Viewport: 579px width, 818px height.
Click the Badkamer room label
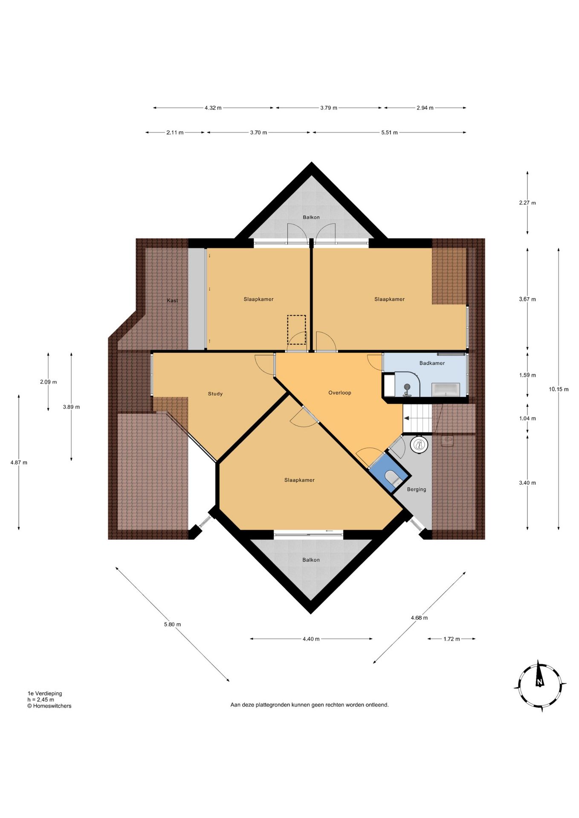432,363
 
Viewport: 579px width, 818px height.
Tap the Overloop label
340,393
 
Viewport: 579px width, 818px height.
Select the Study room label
215,394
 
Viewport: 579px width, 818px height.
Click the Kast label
172,300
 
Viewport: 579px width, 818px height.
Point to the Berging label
417,489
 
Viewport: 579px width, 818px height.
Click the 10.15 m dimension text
559,389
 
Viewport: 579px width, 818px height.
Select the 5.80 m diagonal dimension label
172,624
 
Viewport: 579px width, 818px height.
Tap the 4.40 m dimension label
311,639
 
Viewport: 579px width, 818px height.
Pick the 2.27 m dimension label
527,203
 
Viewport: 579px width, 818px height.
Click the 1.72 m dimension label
452,639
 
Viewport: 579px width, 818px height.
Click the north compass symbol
540,686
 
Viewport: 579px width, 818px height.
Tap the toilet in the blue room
392,478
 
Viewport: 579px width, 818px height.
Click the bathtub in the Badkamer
446,389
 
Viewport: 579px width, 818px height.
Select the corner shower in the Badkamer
407,384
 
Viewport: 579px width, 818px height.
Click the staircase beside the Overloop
417,418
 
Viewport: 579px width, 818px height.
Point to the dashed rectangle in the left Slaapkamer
296,329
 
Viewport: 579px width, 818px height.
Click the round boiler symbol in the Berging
419,445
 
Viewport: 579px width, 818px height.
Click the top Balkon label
311,217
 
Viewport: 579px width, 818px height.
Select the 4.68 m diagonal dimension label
419,617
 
